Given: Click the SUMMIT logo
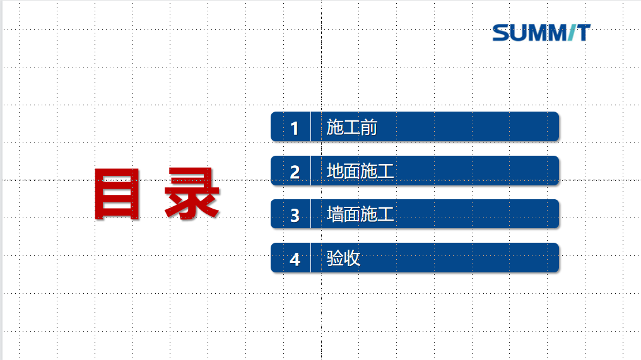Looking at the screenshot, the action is pyautogui.click(x=541, y=33).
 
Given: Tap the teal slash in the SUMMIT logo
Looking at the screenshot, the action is pyautogui.click(x=572, y=33).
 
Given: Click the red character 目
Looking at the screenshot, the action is pyautogui.click(x=117, y=194).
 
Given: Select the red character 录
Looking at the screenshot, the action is pyautogui.click(x=192, y=194).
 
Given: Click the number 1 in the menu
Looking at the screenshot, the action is pyautogui.click(x=295, y=129).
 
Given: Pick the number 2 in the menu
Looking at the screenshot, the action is pyautogui.click(x=295, y=172).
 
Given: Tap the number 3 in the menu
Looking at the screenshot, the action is pyautogui.click(x=295, y=216).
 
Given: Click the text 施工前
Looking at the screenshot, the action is pyautogui.click(x=351, y=127).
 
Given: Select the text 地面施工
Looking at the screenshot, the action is pyautogui.click(x=360, y=171).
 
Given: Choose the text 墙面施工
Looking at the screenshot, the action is pyautogui.click(x=360, y=214).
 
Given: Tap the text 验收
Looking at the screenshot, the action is pyautogui.click(x=343, y=258).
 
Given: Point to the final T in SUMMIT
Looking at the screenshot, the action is pyautogui.click(x=584, y=33).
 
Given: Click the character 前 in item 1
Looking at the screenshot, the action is pyautogui.click(x=368, y=127).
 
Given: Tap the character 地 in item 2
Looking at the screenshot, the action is pyautogui.click(x=334, y=171).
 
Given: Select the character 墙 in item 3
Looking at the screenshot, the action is pyautogui.click(x=334, y=214).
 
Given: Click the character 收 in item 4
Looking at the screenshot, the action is pyautogui.click(x=352, y=258).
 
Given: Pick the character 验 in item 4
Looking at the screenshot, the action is pyautogui.click(x=334, y=258).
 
